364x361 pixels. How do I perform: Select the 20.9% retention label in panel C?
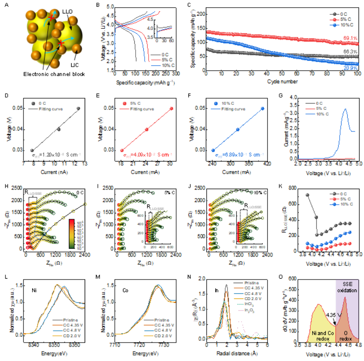pyautogui.click(x=351, y=68)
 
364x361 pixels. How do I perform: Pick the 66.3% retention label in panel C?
pyautogui.click(x=351, y=53)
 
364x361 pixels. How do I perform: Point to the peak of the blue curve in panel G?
pyautogui.click(x=346, y=108)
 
